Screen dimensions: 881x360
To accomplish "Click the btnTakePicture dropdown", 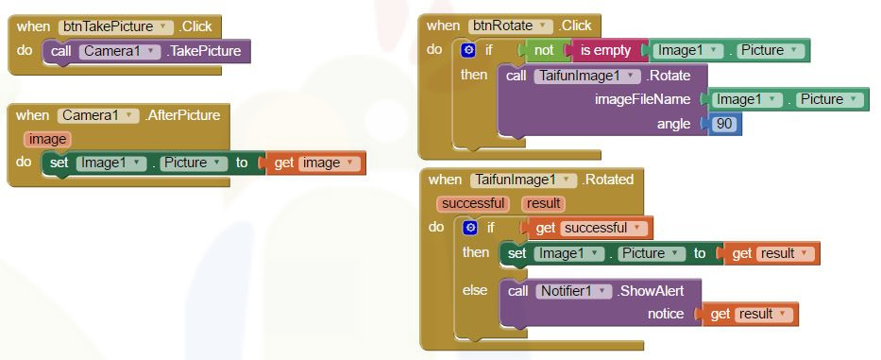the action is tap(116, 26).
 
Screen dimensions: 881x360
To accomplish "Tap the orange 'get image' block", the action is tap(316, 163).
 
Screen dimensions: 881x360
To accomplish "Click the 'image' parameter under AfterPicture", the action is tap(47, 139).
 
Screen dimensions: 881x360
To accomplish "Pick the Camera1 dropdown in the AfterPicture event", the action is tap(98, 116).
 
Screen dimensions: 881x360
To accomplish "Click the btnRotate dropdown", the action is tap(511, 26).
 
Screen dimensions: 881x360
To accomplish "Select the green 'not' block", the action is tap(544, 51).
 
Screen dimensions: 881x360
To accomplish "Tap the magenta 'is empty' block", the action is tap(605, 51).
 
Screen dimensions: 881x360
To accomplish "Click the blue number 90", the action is tap(724, 124).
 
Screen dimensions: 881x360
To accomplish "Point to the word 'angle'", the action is tap(673, 124).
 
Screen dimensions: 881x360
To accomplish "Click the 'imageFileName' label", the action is tap(642, 99).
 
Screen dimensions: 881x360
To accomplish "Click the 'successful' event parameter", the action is tap(473, 204).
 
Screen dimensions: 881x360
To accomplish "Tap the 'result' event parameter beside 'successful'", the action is tap(543, 204).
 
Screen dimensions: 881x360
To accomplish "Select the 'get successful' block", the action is tap(588, 228).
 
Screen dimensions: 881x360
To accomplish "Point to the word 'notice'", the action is tap(666, 314).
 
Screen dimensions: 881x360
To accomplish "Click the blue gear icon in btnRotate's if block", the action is tap(468, 51).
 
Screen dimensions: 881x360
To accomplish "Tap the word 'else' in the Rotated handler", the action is tap(475, 291).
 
